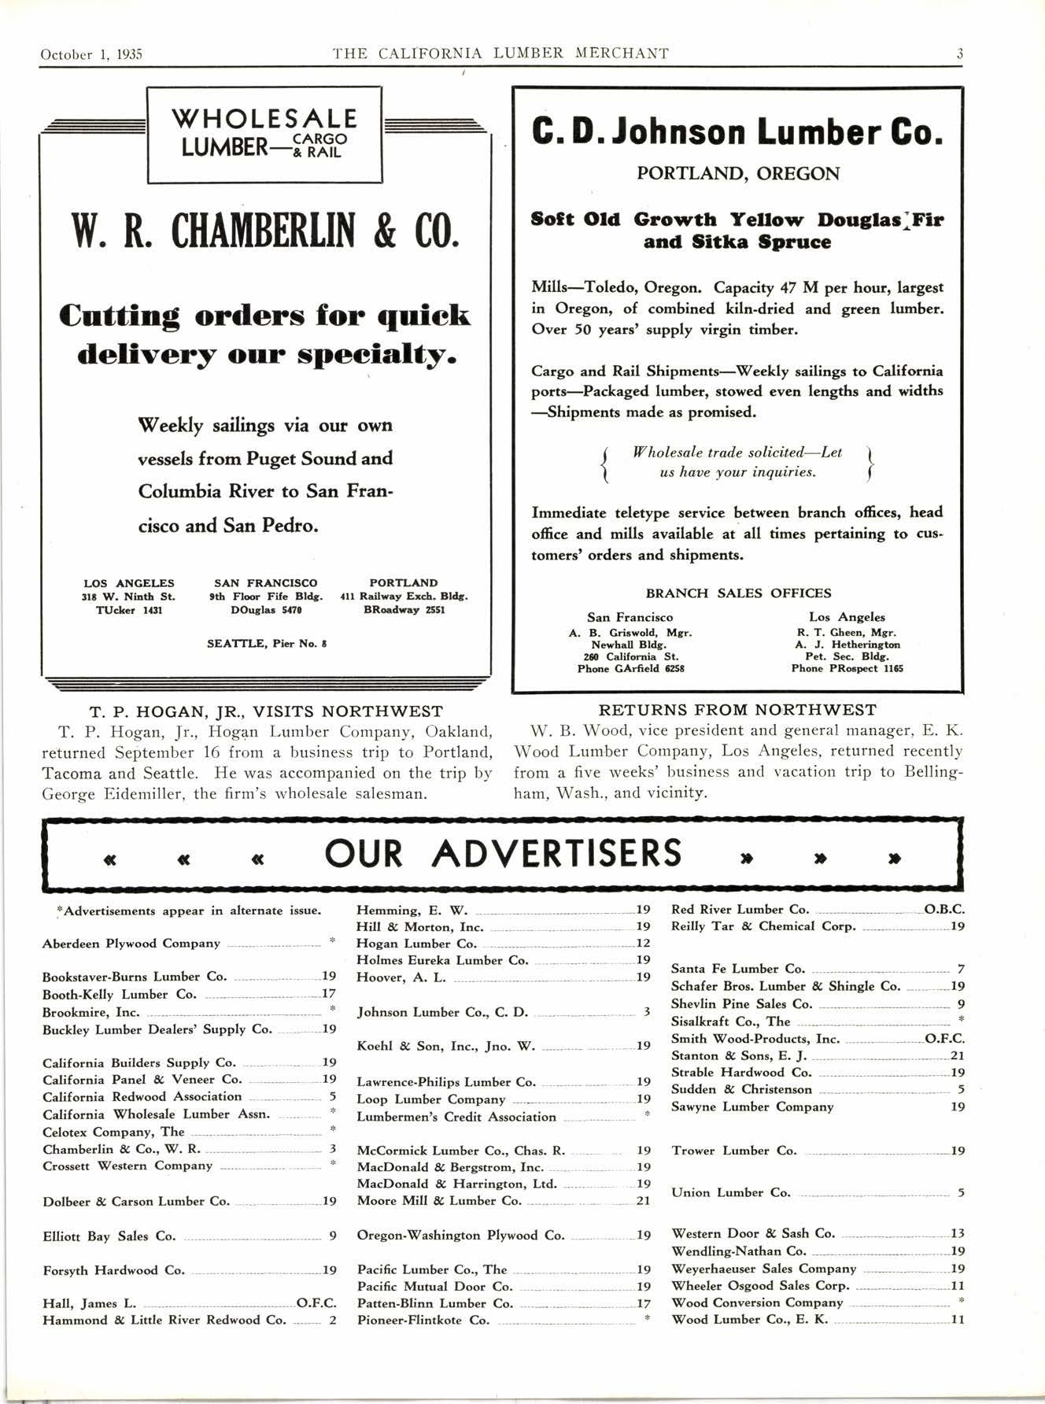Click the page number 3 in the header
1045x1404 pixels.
tap(959, 54)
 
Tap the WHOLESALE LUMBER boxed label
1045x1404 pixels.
tap(264, 134)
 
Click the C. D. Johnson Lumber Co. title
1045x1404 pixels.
tap(737, 131)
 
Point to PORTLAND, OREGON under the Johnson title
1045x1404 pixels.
tap(737, 173)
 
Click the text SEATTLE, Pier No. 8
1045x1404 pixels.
tap(266, 644)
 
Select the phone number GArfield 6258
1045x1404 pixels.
tap(630, 668)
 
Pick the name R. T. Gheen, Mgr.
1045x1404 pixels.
tap(846, 632)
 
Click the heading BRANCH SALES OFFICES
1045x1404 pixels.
tap(738, 593)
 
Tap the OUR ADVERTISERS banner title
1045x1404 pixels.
tap(504, 854)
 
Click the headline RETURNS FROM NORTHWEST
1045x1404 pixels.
tap(737, 710)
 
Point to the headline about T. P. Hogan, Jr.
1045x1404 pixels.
tap(266, 711)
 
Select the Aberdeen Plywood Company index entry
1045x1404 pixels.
tap(131, 944)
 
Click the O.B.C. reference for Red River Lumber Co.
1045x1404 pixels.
tap(943, 909)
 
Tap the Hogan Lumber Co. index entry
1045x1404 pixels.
tap(417, 944)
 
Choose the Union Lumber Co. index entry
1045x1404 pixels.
tap(731, 1192)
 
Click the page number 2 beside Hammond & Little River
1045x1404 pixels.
tap(332, 1320)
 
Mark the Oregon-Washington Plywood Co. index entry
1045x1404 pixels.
tap(460, 1235)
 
